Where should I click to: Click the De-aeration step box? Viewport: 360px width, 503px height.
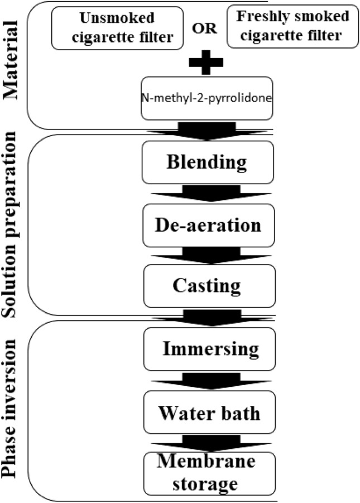208,225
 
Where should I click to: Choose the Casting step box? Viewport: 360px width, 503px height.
208,285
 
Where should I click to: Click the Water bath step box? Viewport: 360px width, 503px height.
208,414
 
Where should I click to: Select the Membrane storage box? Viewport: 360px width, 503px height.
208,471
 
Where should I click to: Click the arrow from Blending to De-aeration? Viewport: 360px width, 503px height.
208,194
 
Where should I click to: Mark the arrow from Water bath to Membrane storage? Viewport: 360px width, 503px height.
208,444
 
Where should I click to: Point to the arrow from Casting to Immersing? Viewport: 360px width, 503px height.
208,317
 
